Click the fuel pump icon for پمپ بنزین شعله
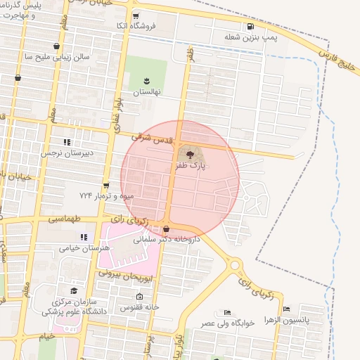(x=250, y=27)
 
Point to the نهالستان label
(x=147, y=92)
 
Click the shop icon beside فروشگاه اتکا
(x=136, y=15)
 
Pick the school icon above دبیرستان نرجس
(x=67, y=142)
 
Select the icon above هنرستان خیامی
(x=84, y=237)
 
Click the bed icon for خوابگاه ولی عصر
(x=226, y=312)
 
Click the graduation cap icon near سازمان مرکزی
(x=73, y=291)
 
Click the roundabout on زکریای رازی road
(x=236, y=266)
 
